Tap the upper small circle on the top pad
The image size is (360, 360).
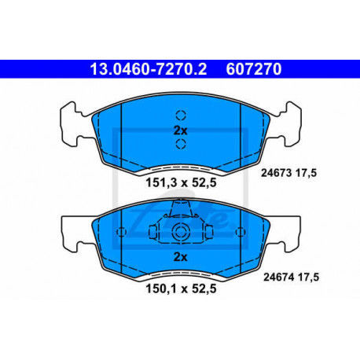tap(180, 112)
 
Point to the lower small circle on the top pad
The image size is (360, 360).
tap(180, 144)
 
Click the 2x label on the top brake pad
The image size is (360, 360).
tap(180, 129)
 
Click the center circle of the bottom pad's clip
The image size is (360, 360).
tap(180, 232)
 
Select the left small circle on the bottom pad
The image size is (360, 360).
tap(123, 232)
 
